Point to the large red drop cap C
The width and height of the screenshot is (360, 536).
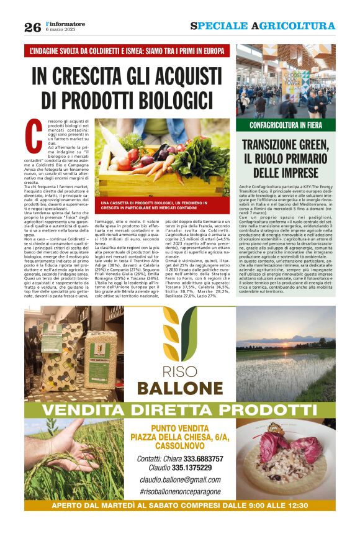pyautogui.click(x=35, y=132)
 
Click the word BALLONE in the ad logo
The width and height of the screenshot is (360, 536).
pyautogui.click(x=180, y=389)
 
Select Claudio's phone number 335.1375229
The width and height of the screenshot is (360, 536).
pyautogui.click(x=194, y=468)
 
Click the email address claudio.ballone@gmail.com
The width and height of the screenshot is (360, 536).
pyautogui.click(x=180, y=480)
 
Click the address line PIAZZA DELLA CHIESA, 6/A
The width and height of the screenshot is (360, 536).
pyautogui.click(x=179, y=437)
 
